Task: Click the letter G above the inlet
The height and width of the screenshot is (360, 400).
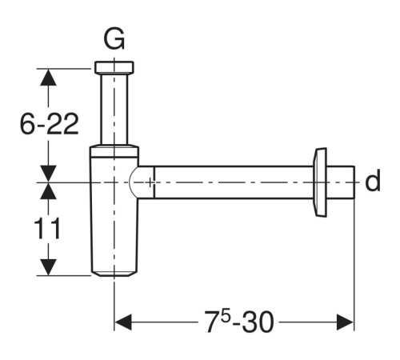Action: [x=114, y=39]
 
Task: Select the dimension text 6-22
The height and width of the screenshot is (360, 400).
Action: [x=50, y=124]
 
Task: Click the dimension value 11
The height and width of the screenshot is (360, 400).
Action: [x=47, y=228]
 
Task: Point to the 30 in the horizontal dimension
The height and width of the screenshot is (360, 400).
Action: [x=258, y=322]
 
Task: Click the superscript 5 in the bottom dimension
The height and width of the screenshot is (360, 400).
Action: [x=226, y=316]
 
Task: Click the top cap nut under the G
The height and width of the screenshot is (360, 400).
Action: [x=114, y=67]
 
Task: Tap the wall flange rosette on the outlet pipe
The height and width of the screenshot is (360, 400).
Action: [x=320, y=182]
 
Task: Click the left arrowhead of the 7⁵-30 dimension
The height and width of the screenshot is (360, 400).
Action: [x=122, y=322]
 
